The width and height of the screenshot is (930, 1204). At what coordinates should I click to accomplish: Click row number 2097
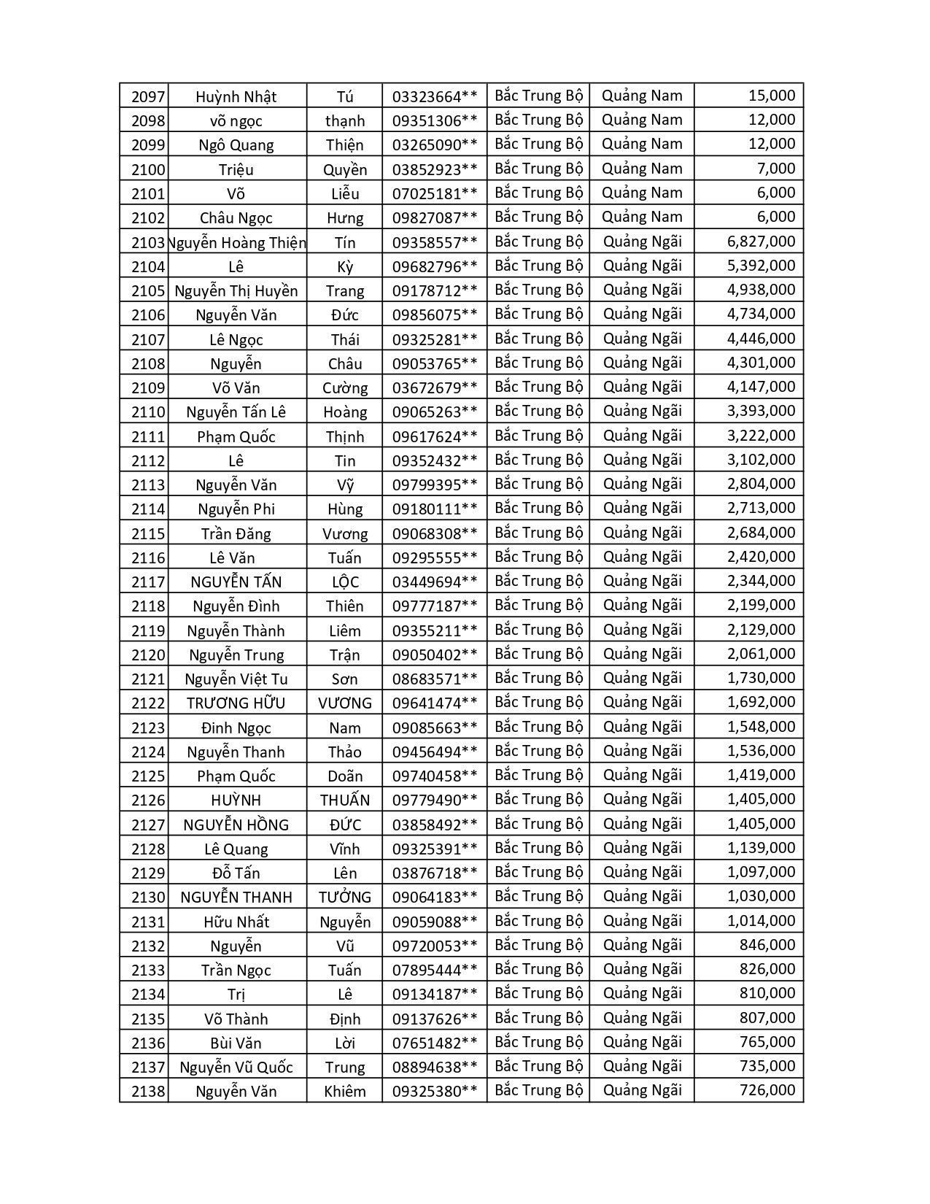click(148, 96)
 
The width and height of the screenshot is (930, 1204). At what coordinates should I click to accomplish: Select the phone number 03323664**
click(435, 96)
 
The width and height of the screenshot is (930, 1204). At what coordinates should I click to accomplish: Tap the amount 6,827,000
click(761, 242)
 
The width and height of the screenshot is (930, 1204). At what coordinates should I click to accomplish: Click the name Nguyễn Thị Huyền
click(236, 290)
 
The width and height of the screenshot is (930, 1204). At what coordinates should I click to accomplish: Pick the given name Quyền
click(345, 169)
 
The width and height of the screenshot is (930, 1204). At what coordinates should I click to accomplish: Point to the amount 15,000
click(772, 96)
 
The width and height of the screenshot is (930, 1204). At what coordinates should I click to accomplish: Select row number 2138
click(148, 1092)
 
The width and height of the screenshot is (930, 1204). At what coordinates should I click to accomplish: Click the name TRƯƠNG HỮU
click(236, 703)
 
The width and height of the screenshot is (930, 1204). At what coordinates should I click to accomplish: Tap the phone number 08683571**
click(435, 679)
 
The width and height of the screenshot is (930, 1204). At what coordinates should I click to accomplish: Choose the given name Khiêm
click(345, 1092)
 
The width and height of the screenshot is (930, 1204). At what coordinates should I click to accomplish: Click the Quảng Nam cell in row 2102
click(642, 217)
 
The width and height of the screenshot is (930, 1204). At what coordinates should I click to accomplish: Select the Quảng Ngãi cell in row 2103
click(642, 242)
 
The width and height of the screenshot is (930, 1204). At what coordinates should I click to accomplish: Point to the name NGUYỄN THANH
click(236, 897)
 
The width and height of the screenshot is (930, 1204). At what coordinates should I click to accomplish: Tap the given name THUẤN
click(345, 800)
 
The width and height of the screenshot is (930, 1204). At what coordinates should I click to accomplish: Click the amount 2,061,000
click(761, 654)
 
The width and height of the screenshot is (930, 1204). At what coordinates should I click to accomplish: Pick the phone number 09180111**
click(435, 509)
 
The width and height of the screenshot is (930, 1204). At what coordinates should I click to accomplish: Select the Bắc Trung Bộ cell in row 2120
click(539, 654)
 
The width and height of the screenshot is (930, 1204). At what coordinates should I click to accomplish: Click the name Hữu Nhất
click(236, 922)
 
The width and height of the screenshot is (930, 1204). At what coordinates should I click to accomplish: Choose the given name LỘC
click(345, 582)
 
